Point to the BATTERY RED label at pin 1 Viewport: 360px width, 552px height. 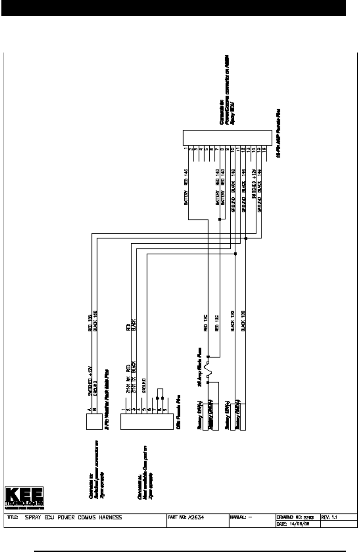point(186,188)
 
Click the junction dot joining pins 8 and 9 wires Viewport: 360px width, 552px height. point(219,220)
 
